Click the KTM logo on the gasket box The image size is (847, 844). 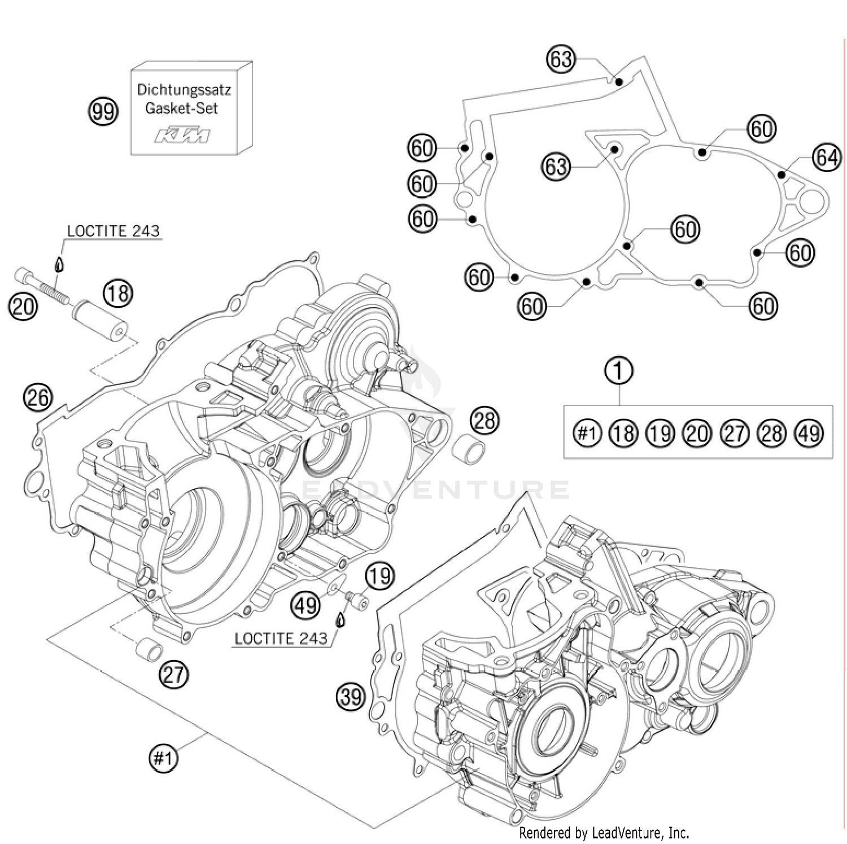(x=182, y=135)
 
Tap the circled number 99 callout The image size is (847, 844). (x=103, y=111)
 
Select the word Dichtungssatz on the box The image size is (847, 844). (x=184, y=89)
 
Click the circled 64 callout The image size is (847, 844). (x=826, y=157)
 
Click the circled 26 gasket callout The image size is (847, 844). (x=37, y=397)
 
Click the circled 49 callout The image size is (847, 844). (x=306, y=606)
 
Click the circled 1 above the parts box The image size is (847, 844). (x=619, y=371)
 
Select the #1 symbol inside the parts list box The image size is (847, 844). (x=587, y=433)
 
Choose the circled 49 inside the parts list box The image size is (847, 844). (x=809, y=433)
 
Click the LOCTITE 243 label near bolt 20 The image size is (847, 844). (x=113, y=231)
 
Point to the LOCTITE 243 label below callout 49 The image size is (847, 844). (x=281, y=639)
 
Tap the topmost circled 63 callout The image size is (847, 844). (x=561, y=59)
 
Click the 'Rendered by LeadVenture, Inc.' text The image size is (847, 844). (x=604, y=833)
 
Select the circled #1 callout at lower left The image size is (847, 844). (x=163, y=757)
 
